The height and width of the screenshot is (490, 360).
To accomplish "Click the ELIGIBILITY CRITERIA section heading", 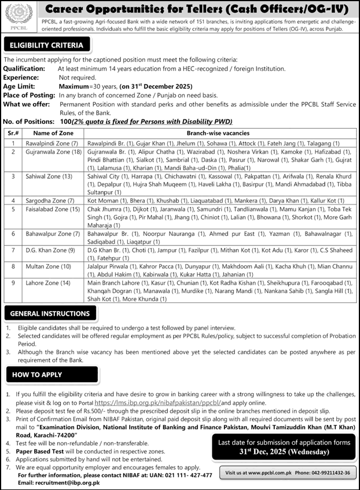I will click(x=46, y=45).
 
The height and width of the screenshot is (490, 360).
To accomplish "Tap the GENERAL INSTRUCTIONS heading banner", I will click(x=50, y=313).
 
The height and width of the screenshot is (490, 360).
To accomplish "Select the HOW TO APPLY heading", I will click(x=36, y=375).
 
